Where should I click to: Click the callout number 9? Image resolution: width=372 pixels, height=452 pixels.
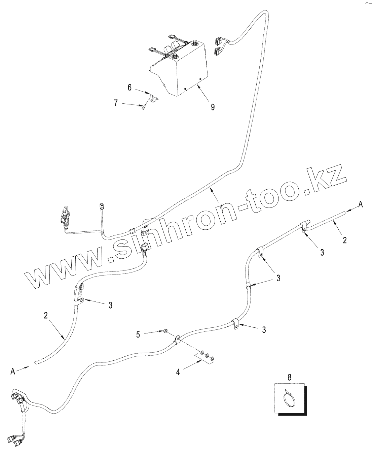[x=212, y=107]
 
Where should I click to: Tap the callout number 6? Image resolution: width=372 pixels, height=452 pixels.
[x=129, y=88]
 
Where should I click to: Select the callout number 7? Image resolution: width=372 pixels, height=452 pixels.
[x=116, y=103]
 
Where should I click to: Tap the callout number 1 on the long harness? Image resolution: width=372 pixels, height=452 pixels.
[x=221, y=205]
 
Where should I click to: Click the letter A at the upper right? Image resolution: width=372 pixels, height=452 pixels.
[x=360, y=204]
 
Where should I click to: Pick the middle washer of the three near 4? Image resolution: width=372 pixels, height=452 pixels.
[x=207, y=355]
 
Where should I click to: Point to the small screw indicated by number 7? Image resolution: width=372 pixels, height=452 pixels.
[x=143, y=107]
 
